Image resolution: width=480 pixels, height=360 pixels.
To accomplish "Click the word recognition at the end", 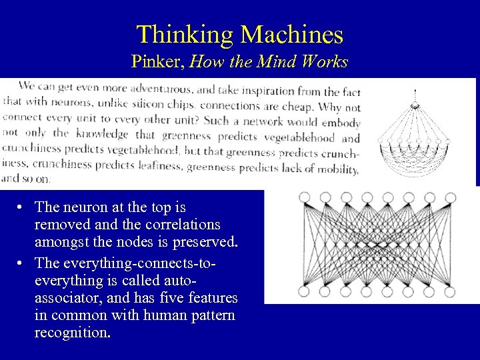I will [x=72, y=331].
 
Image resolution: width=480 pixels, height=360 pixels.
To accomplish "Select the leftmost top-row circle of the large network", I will [x=304, y=197].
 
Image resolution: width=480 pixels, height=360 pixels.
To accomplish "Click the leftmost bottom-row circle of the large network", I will [x=304, y=291].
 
